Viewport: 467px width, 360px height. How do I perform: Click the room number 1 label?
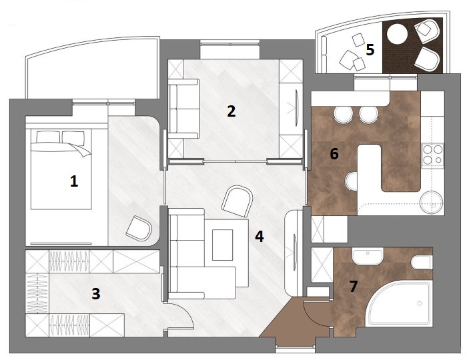pyautogui.click(x=75, y=181)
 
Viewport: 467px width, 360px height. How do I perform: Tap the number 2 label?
pyautogui.click(x=231, y=111)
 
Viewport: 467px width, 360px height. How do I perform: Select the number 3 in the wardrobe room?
pyautogui.click(x=96, y=293)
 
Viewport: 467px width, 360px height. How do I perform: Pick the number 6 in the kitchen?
pyautogui.click(x=334, y=154)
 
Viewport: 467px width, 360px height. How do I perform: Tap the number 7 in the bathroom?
pyautogui.click(x=354, y=286)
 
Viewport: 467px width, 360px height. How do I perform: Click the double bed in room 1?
pyautogui.click(x=60, y=170)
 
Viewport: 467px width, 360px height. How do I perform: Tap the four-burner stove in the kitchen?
pyautogui.click(x=433, y=154)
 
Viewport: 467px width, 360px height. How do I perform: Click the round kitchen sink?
pyautogui.click(x=432, y=199)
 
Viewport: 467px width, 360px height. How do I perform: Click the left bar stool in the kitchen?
pyautogui.click(x=343, y=115)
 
